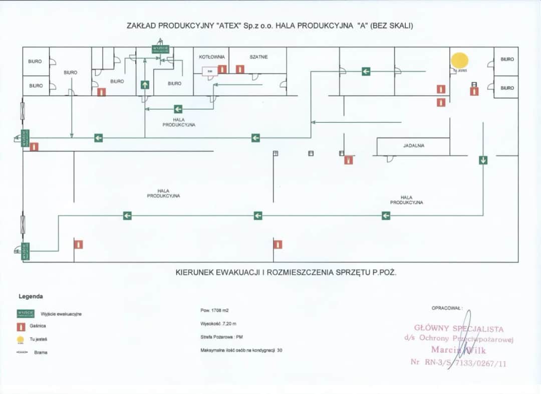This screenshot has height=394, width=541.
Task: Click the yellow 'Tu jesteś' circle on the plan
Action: point(459,60)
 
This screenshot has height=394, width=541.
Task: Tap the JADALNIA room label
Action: point(414,145)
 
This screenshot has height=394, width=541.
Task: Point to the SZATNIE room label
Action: point(258,57)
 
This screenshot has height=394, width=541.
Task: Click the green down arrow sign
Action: point(483,160)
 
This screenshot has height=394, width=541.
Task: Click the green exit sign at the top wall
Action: point(160,49)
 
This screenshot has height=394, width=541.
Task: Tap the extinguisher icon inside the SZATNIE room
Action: point(240,69)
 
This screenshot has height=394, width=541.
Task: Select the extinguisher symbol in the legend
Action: point(21,326)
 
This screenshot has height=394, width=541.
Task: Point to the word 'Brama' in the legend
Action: point(41,352)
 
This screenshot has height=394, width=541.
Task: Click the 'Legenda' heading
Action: point(31,296)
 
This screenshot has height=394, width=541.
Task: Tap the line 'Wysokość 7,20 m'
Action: point(218,324)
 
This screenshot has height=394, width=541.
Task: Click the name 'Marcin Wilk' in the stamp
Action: point(458,350)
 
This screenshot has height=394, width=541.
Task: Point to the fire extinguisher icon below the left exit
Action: point(34,147)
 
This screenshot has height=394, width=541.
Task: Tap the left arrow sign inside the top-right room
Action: point(366,72)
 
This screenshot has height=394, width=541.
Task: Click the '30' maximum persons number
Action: point(279,350)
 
